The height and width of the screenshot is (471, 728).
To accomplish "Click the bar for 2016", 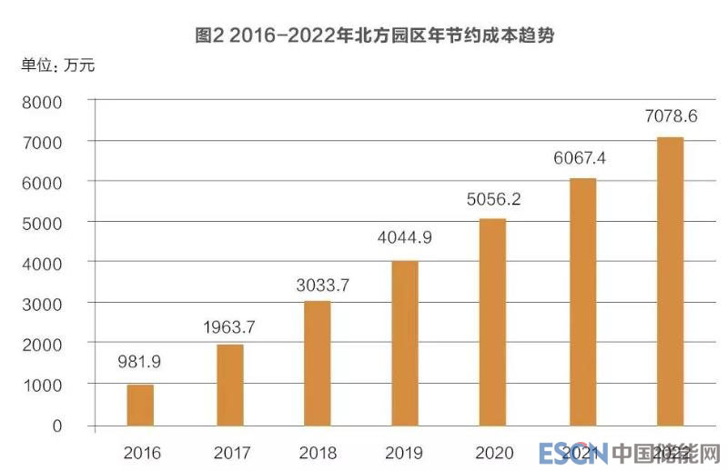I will [x=140, y=405].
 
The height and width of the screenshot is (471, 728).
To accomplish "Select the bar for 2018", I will [x=317, y=363].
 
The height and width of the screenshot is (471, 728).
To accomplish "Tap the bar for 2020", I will [x=492, y=322].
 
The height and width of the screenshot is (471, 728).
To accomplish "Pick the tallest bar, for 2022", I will [x=669, y=281].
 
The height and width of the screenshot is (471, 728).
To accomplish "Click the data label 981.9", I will [x=139, y=362].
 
